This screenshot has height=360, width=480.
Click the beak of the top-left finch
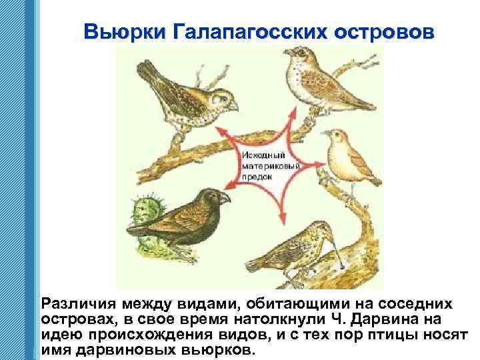tap(232, 105)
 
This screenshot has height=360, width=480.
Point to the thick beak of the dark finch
tap(225, 198)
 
